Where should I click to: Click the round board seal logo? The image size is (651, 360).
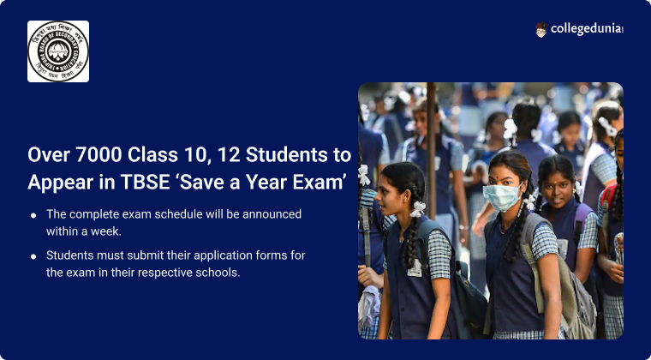click(x=58, y=51)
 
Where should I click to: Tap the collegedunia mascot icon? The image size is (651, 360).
click(x=541, y=29)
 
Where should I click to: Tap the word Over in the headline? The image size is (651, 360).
click(x=47, y=155)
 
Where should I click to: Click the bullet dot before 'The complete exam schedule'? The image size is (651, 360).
click(x=33, y=215)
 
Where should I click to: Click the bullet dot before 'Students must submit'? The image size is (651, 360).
click(x=33, y=256)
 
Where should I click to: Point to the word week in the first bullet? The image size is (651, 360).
click(x=109, y=231)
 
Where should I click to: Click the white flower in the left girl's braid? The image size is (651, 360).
click(x=418, y=207)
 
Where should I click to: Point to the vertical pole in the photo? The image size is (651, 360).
click(x=431, y=146)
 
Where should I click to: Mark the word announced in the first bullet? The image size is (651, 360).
click(x=273, y=214)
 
